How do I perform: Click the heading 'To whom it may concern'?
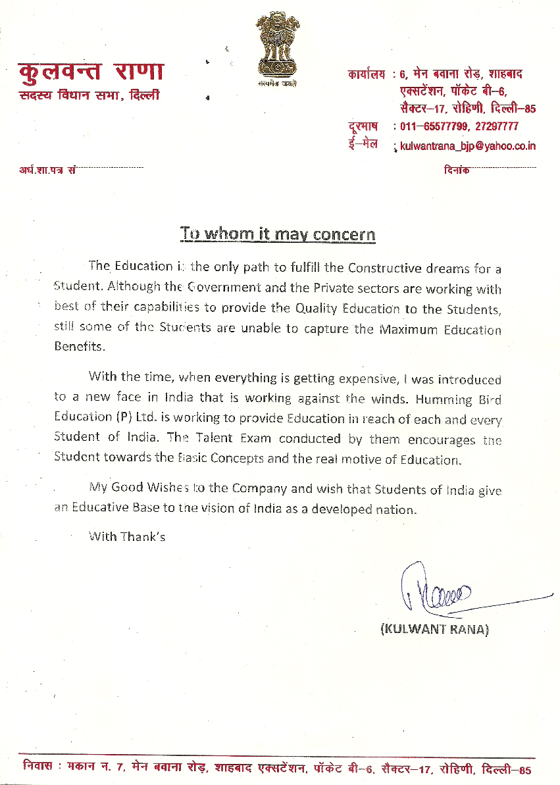(x=278, y=234)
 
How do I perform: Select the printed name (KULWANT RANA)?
(x=435, y=629)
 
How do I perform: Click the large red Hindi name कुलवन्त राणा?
(x=91, y=71)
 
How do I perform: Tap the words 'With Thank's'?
(x=126, y=536)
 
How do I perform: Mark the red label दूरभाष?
(x=363, y=126)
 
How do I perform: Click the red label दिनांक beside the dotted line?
(x=457, y=170)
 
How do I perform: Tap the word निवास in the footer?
(x=38, y=768)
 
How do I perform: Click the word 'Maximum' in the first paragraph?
(x=407, y=329)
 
